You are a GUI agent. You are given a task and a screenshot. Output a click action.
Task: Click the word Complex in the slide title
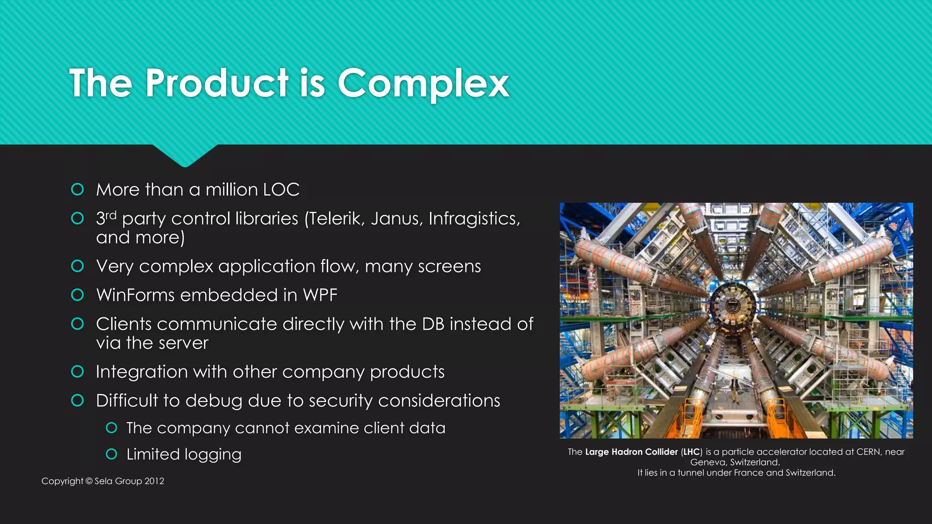[x=423, y=83]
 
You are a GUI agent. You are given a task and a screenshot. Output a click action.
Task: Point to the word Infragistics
[x=474, y=219]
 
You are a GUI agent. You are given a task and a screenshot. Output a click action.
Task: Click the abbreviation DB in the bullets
[x=433, y=324]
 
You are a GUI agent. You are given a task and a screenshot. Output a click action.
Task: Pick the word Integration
[x=141, y=372]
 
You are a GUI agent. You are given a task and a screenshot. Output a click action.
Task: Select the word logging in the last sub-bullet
[x=213, y=454]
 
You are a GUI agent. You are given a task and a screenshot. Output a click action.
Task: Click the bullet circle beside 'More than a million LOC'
[x=77, y=189]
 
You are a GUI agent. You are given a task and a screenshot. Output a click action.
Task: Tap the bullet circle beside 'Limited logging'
[x=111, y=454]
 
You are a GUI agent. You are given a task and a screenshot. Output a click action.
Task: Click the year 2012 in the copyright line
[x=154, y=481]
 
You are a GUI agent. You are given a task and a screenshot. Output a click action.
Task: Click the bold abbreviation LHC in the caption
[x=691, y=452]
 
